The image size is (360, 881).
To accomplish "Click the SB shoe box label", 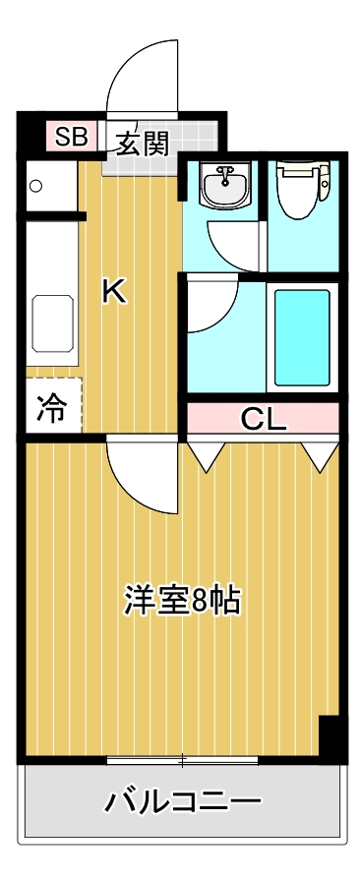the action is [x=71, y=136].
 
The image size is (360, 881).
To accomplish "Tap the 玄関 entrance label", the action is [x=143, y=144].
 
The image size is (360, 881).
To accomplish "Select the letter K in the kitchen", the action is [x=114, y=291].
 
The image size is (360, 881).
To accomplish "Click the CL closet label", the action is [x=264, y=422].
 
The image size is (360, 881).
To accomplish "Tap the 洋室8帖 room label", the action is [x=183, y=600].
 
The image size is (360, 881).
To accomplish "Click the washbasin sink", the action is [x=225, y=184].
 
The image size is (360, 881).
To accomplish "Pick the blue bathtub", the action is [x=301, y=336].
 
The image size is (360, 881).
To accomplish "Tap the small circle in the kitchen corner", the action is [x=36, y=185].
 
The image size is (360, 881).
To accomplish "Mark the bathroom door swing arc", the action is [x=210, y=305].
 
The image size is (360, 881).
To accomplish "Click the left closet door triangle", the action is [x=207, y=454].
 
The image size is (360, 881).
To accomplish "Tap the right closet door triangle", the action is [x=320, y=454].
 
